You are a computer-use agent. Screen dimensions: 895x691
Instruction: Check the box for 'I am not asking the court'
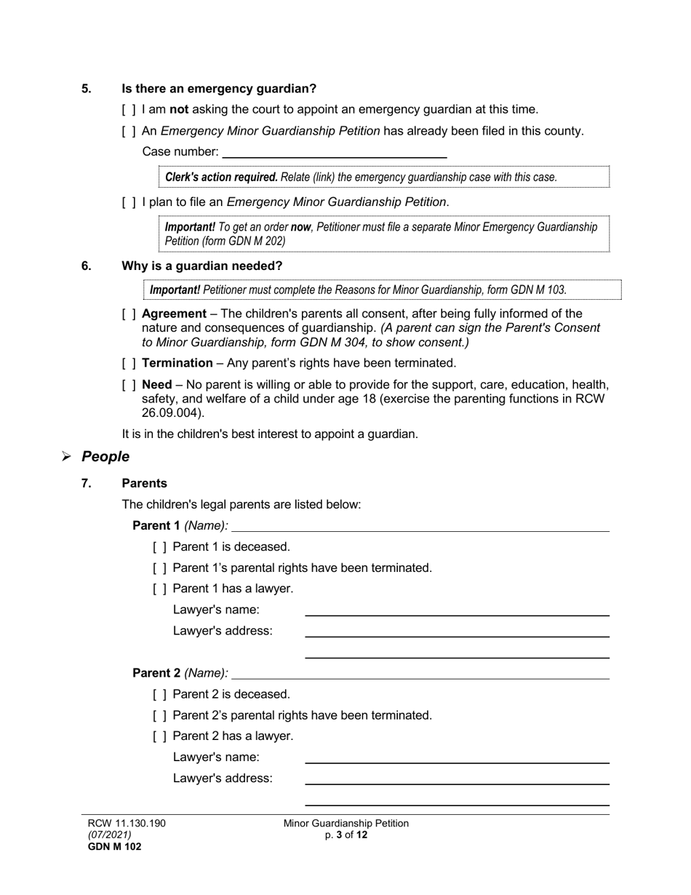129,110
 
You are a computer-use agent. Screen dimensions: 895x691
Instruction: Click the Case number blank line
335,152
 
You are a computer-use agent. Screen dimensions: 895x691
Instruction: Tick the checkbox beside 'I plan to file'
129,202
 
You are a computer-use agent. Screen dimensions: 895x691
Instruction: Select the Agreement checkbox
129,314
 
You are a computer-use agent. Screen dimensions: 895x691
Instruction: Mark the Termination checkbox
129,363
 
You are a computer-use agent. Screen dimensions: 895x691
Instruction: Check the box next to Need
129,385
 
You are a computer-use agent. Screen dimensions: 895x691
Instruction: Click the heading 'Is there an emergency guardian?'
219,89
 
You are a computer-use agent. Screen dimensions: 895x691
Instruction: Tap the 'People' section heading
105,457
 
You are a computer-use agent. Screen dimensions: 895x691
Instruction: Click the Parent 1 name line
420,526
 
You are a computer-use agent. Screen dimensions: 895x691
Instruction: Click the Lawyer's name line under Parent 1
457,610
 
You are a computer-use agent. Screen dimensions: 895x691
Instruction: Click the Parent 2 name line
420,674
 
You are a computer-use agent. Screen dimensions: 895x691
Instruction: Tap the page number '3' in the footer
340,835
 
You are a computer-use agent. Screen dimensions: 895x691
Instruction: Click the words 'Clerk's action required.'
221,177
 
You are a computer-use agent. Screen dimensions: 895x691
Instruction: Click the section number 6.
87,266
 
